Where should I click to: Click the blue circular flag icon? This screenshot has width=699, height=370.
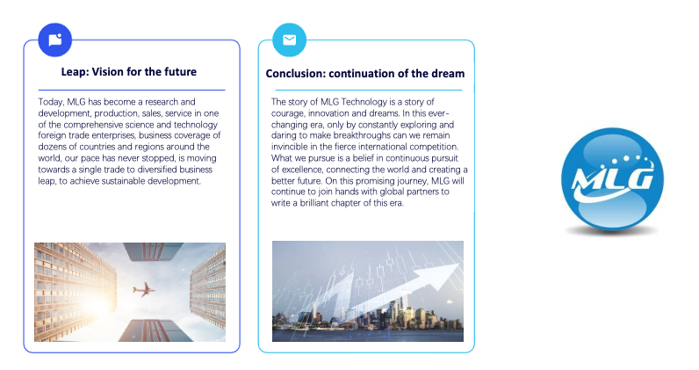click(x=54, y=40)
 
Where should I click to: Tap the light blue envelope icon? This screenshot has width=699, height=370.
click(x=289, y=40)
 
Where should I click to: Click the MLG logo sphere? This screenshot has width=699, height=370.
click(x=612, y=178)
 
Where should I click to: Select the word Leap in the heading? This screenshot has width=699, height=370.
click(x=74, y=72)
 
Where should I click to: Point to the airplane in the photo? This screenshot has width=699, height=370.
click(x=144, y=289)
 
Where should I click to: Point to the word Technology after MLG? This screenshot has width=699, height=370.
click(x=364, y=102)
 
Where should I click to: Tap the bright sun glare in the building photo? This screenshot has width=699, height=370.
click(x=96, y=306)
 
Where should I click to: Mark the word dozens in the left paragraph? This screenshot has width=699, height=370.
click(x=52, y=147)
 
